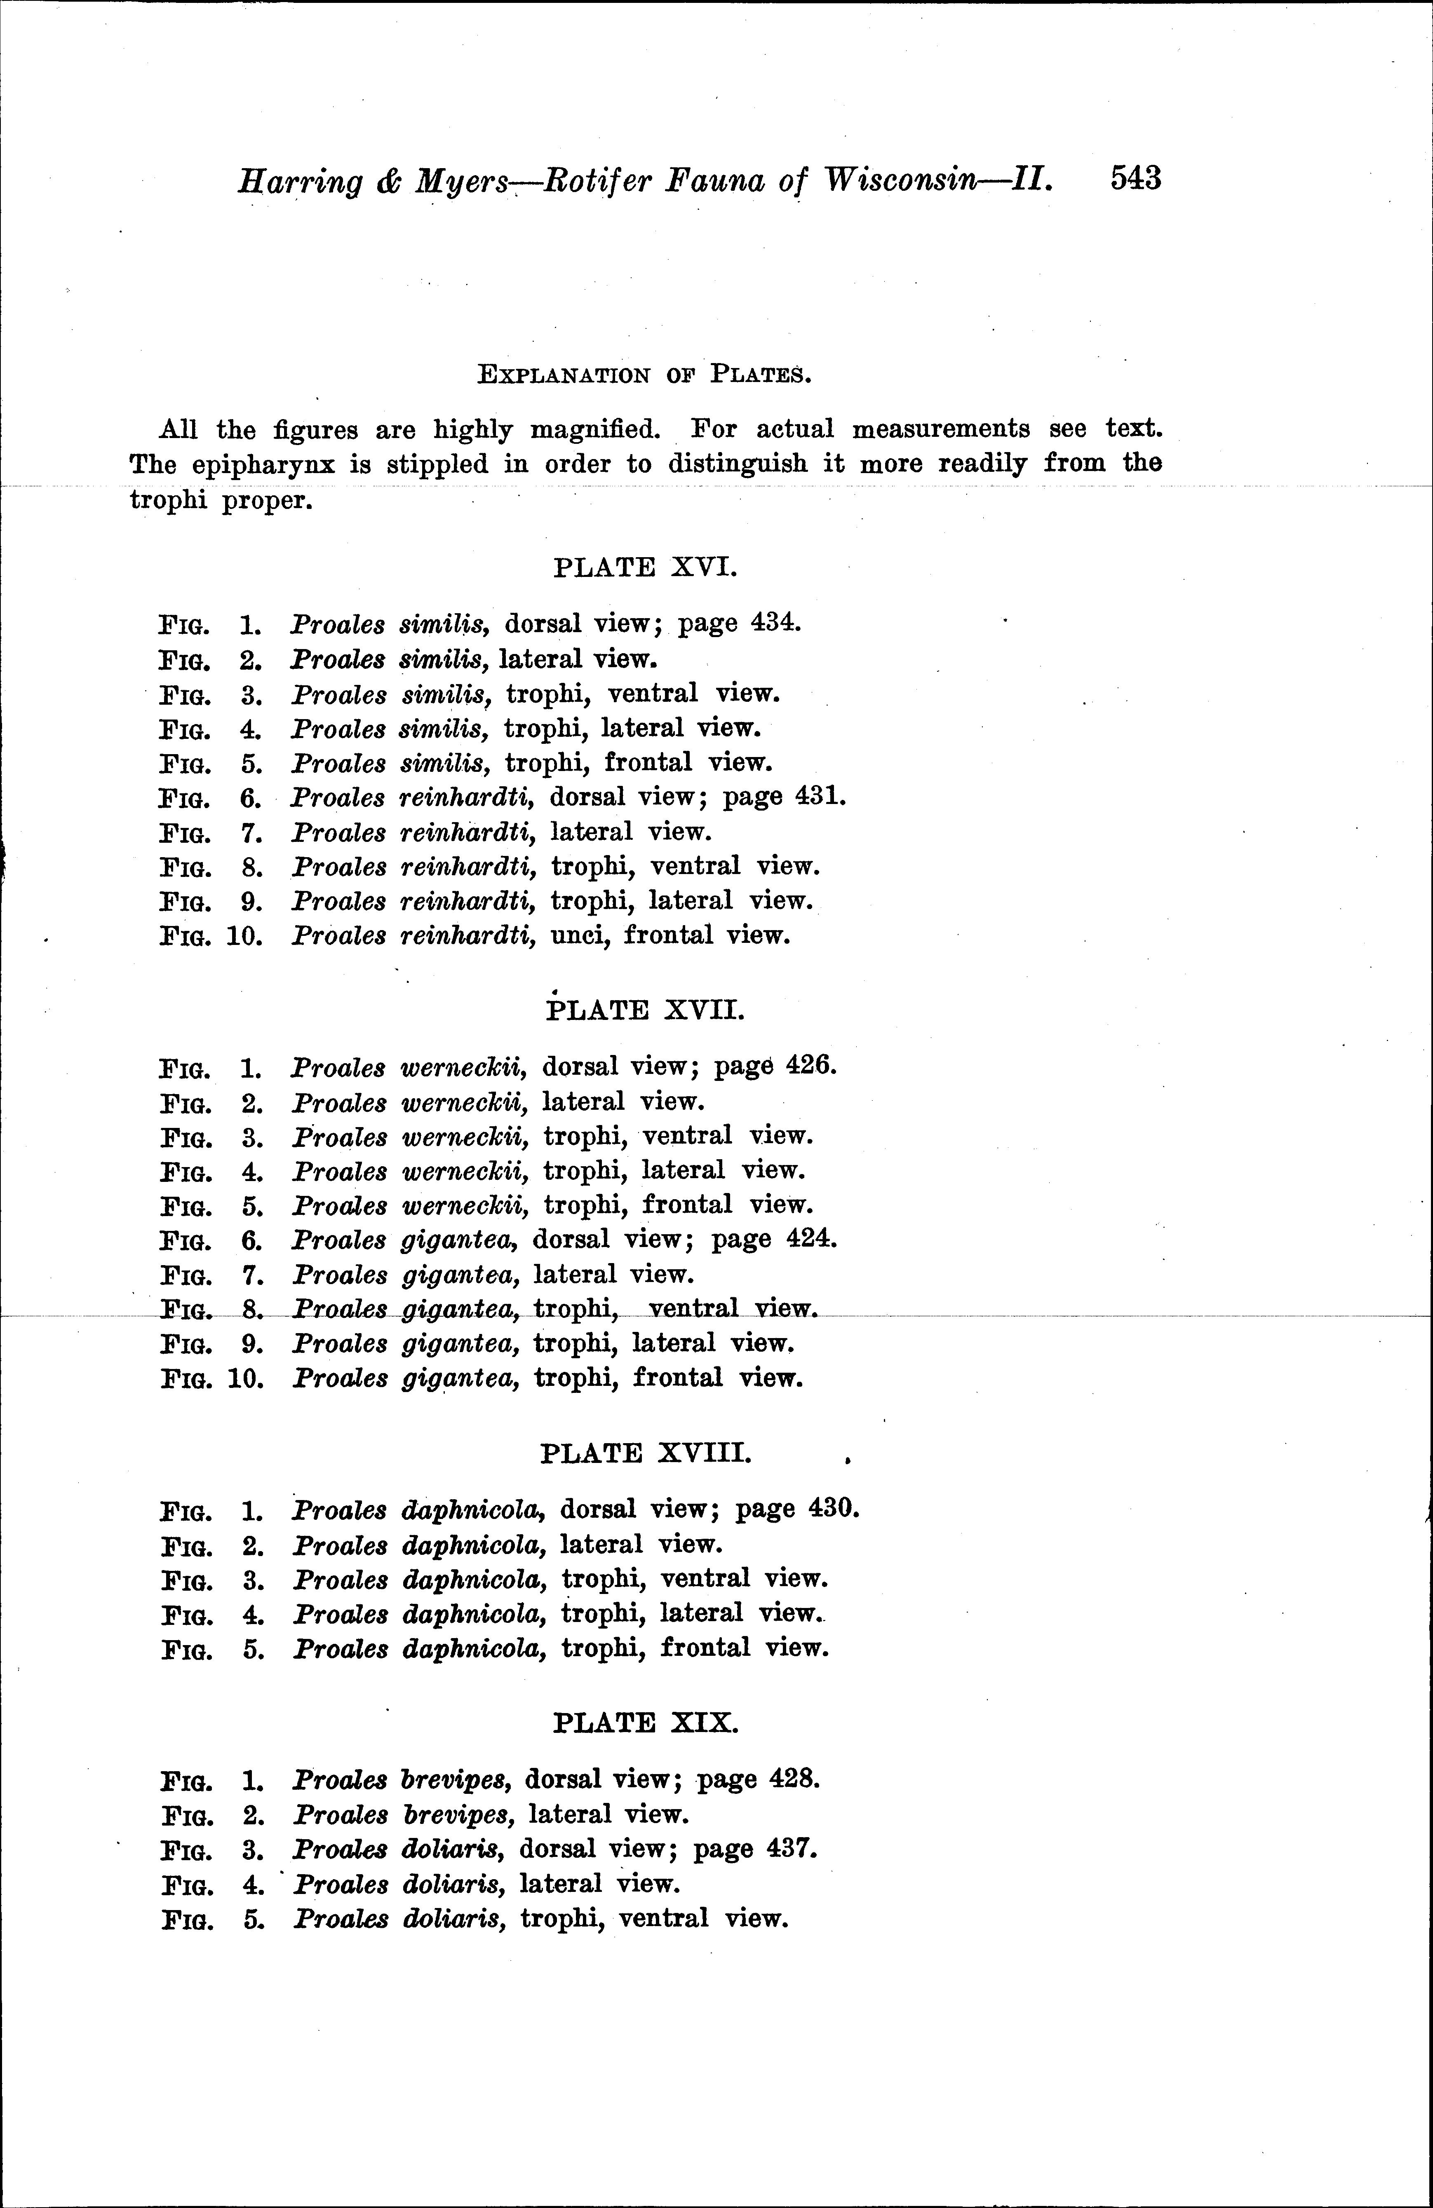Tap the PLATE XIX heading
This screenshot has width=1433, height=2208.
click(x=645, y=1723)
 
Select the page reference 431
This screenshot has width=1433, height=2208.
click(x=820, y=797)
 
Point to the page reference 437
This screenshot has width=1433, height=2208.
click(x=792, y=1849)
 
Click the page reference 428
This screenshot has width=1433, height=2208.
click(x=795, y=1779)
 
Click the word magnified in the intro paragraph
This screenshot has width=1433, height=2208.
click(x=594, y=429)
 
